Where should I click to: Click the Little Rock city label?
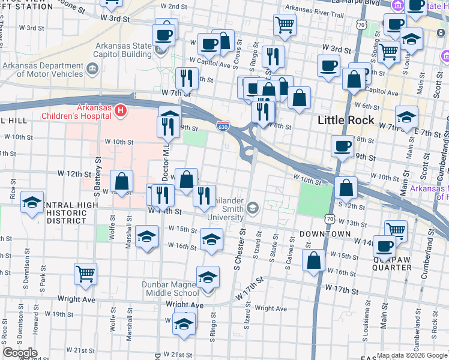click(346, 120)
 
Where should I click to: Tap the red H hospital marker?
click(121, 110)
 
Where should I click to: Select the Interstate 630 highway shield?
click(221, 125)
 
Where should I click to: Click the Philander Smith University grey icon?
click(253, 208)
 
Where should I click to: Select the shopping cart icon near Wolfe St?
click(85, 274)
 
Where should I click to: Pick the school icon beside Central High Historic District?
click(32, 202)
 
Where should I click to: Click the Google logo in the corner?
click(20, 353)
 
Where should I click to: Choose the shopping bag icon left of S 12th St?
click(346, 187)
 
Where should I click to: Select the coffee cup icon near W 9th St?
click(342, 146)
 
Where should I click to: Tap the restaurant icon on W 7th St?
click(186, 78)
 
